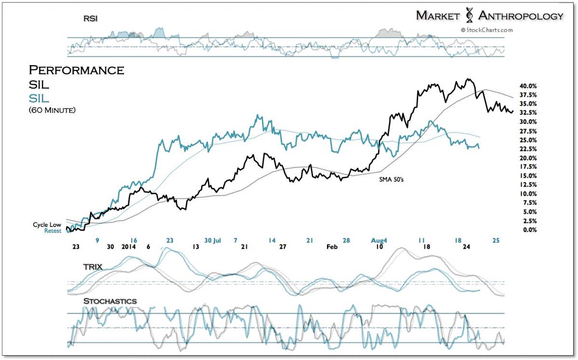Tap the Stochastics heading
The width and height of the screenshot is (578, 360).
tap(110, 301)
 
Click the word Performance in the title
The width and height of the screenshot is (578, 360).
tap(77, 70)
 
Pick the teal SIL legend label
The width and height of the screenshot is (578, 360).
tap(39, 98)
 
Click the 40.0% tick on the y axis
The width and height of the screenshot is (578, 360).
tap(528, 86)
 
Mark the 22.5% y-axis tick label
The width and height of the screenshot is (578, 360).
tap(528, 149)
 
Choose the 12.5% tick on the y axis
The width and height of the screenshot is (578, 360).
tap(528, 185)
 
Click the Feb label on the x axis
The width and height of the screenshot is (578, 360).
tap(332, 246)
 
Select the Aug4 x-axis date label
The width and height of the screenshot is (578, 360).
tap(380, 239)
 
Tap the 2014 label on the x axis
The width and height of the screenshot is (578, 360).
tap(129, 246)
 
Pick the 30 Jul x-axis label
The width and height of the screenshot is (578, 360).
tap(212, 239)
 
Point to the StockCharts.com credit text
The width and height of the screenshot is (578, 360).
tap(487, 30)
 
